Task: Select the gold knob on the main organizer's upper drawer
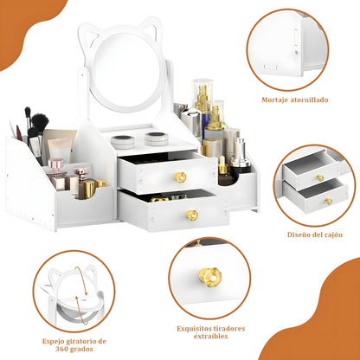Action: point(181,177)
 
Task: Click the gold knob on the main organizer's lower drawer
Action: point(192,215)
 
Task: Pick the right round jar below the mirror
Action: point(156,138)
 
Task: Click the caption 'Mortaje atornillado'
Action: point(294,100)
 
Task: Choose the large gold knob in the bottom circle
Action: point(209,277)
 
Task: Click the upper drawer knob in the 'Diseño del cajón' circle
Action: point(319,177)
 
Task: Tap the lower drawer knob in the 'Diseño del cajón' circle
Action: point(328,201)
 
